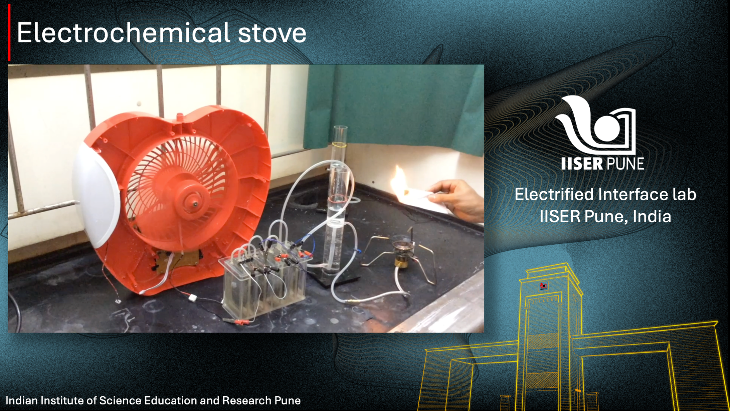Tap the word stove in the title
click(x=272, y=33)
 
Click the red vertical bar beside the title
click(x=9, y=33)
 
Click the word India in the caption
click(x=652, y=216)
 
